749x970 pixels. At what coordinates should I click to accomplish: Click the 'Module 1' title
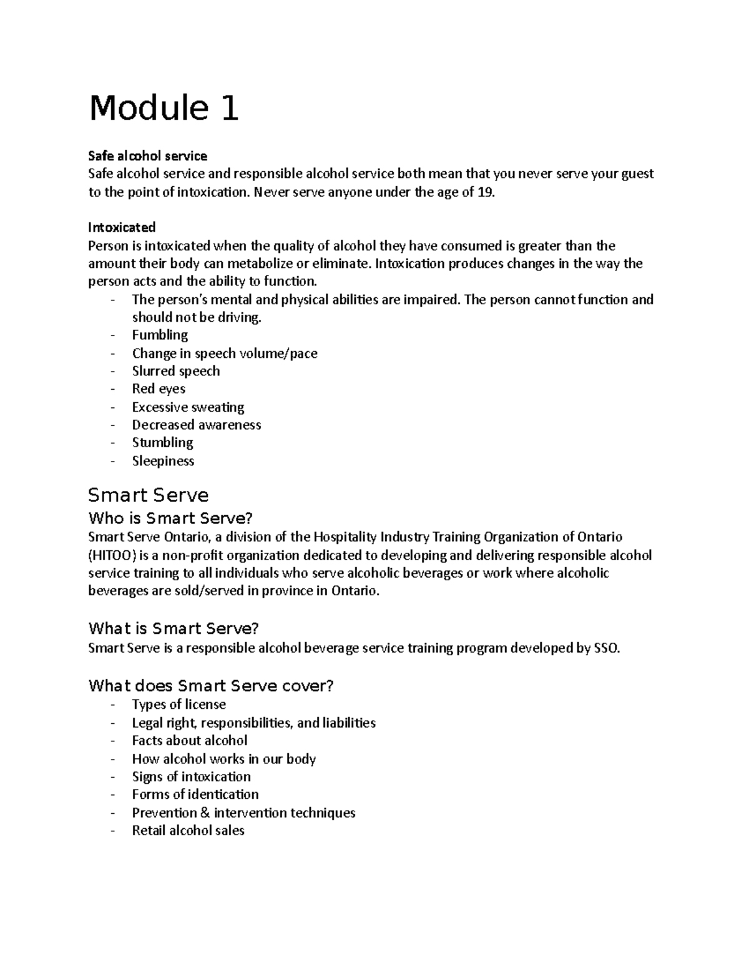coord(164,108)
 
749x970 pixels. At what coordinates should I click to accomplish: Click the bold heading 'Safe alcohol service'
coord(147,156)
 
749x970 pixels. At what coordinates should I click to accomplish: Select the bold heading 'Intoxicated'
coord(122,227)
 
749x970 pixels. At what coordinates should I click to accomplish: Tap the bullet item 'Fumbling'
coord(160,335)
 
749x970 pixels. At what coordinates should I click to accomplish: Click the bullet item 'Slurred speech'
coord(176,371)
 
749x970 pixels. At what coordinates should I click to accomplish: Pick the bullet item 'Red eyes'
coord(159,388)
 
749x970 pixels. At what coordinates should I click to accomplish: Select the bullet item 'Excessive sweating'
coord(188,407)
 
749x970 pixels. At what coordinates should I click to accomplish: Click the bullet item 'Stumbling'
coord(162,443)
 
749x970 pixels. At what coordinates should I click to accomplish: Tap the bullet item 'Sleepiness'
coord(163,461)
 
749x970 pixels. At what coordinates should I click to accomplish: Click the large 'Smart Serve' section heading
coord(149,495)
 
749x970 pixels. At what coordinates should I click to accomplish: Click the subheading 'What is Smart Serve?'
coord(174,628)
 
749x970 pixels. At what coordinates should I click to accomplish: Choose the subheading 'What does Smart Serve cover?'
coord(211,686)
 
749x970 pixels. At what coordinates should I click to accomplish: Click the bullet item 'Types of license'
coord(179,705)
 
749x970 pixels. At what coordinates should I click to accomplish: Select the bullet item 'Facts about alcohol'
coord(190,741)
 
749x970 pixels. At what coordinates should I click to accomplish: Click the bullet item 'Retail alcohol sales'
coord(188,831)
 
